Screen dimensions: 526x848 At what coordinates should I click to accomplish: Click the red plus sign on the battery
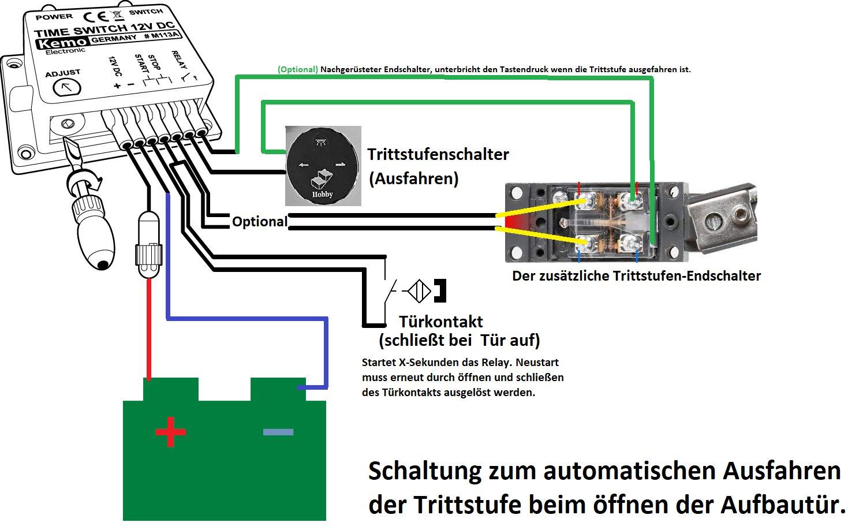tap(170, 432)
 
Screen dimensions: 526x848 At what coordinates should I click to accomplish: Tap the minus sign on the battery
tap(278, 432)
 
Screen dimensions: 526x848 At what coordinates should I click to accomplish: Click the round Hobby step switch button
tap(323, 166)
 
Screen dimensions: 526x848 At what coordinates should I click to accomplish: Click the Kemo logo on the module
tap(62, 43)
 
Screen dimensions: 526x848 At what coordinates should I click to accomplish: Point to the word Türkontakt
tap(441, 322)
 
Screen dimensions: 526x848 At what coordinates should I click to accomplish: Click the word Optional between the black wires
tap(259, 222)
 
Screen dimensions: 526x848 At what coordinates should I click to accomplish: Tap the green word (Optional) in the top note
tap(298, 69)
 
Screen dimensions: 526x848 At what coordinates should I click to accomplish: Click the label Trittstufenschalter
tap(438, 155)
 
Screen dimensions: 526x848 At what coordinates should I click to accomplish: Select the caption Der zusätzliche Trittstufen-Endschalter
tap(636, 276)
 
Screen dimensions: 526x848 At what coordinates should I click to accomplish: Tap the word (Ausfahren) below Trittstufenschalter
tap(414, 178)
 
